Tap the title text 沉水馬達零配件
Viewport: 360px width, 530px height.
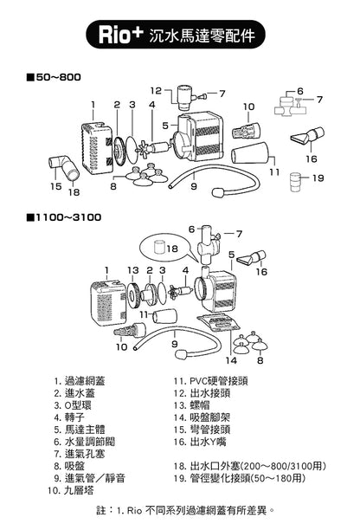(205, 37)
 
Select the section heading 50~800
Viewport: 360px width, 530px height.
(58, 77)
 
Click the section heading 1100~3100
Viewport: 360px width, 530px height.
(67, 215)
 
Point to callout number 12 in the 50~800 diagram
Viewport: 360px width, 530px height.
(155, 90)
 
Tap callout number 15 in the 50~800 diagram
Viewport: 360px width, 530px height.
(55, 185)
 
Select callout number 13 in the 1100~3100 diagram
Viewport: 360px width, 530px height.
(132, 270)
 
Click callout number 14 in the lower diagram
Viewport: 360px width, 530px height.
(230, 359)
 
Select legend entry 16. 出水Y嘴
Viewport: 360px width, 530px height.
(205, 441)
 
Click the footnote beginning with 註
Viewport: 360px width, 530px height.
(185, 511)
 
